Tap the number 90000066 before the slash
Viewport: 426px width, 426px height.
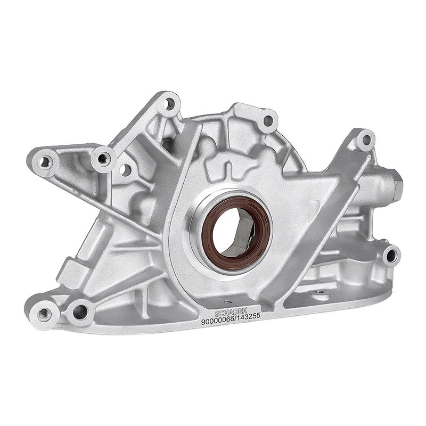point(218,321)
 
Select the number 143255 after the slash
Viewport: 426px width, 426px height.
point(249,316)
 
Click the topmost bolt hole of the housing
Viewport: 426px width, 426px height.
point(170,103)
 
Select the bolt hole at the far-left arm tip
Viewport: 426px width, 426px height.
point(44,162)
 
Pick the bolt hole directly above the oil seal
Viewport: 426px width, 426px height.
point(268,121)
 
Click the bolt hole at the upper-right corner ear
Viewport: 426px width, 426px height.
point(366,140)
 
